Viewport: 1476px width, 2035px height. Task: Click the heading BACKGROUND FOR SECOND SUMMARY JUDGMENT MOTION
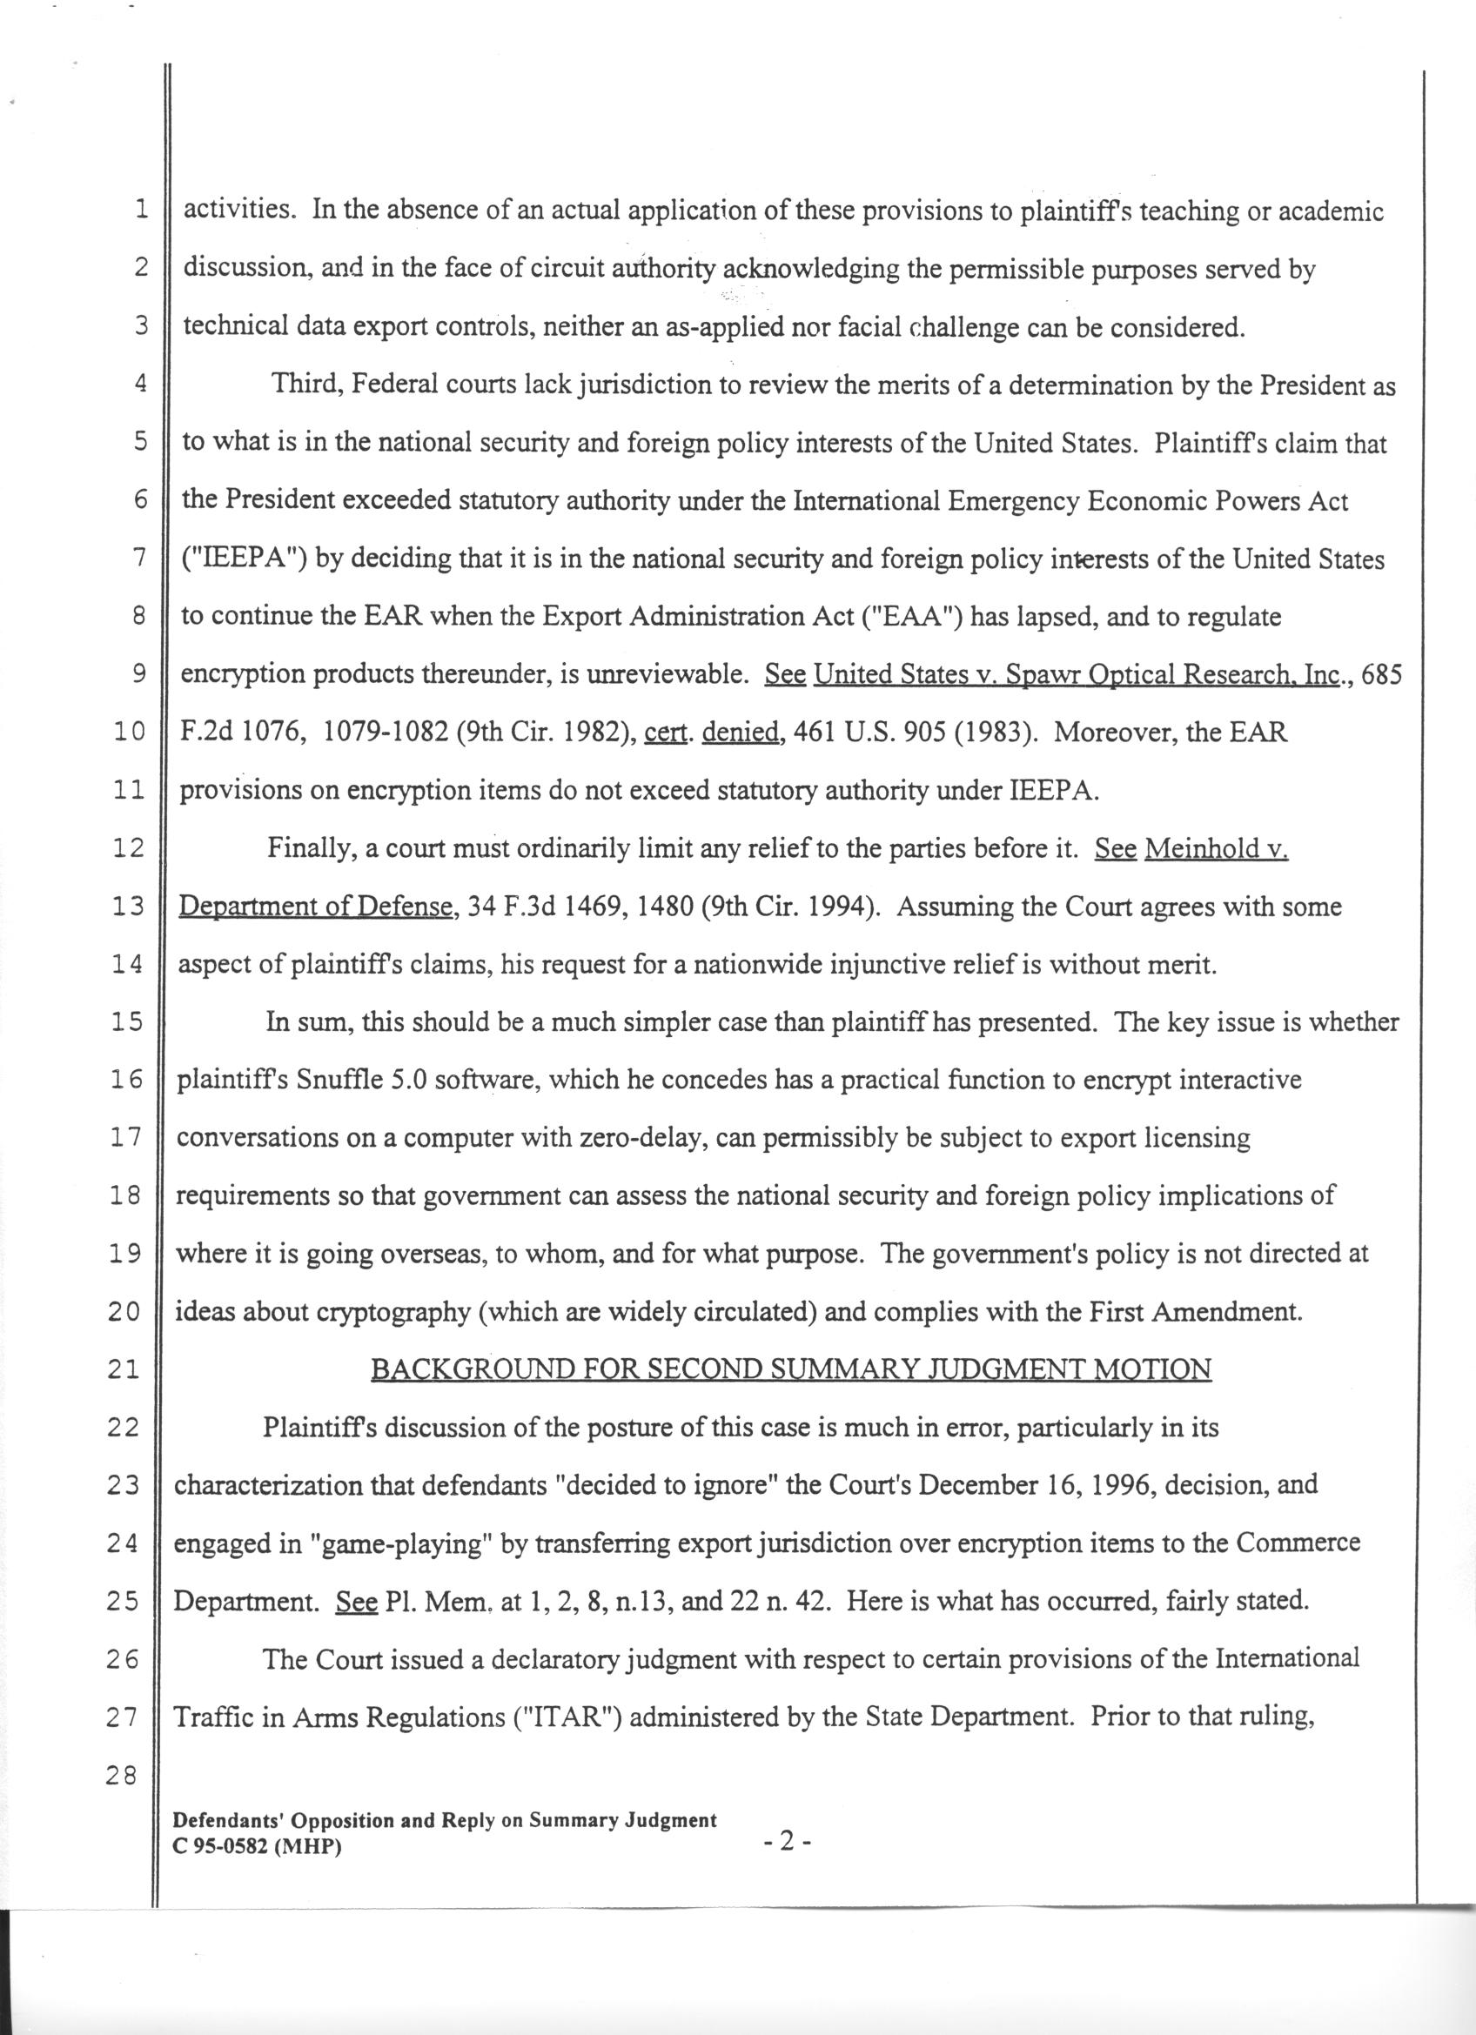click(x=790, y=1369)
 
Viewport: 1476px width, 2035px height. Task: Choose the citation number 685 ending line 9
click(x=1380, y=675)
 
